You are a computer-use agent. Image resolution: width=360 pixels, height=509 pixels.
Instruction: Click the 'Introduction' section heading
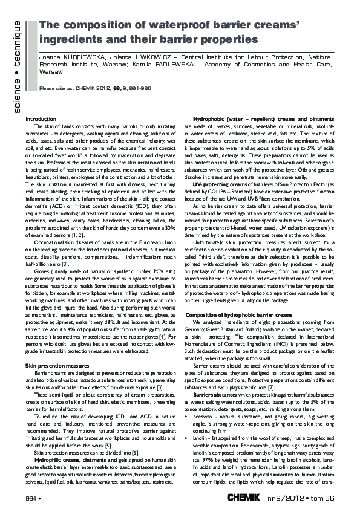[x=41, y=119]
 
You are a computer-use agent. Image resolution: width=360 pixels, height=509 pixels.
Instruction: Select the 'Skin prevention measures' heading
[x=55, y=349]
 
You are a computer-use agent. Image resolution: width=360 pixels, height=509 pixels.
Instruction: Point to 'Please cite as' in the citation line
[x=55, y=88]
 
